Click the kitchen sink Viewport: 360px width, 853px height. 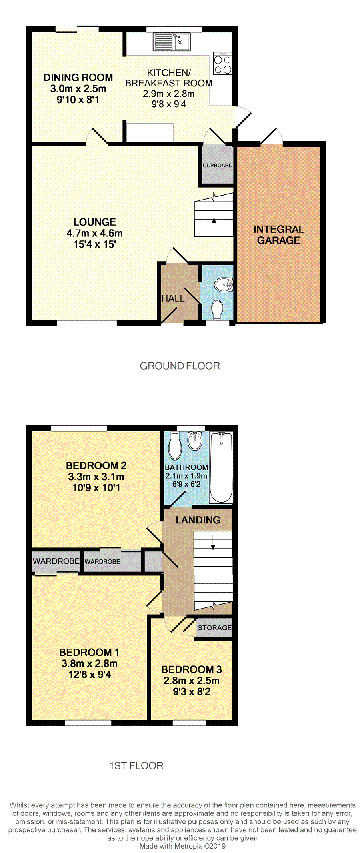[x=172, y=42]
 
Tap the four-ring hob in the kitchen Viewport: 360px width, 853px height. [x=223, y=64]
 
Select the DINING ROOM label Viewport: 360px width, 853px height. [x=78, y=78]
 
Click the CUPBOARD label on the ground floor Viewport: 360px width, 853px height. [x=218, y=165]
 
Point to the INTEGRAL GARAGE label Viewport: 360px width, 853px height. [x=279, y=235]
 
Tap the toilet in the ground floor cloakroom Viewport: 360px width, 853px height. [x=217, y=310]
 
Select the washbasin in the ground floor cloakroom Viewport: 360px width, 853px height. [x=224, y=285]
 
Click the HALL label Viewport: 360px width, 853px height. [x=173, y=298]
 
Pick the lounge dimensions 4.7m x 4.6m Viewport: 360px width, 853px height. [x=95, y=233]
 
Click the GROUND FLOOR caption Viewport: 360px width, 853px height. [x=180, y=366]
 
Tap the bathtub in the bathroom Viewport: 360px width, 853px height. [x=221, y=467]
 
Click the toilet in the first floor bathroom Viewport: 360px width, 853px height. [x=175, y=445]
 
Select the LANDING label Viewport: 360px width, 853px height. [x=198, y=520]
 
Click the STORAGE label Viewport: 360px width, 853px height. [x=215, y=628]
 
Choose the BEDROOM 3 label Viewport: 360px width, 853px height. [x=192, y=669]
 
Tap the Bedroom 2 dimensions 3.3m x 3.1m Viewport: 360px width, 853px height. [x=96, y=477]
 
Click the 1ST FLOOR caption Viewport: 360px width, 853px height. [x=136, y=766]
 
